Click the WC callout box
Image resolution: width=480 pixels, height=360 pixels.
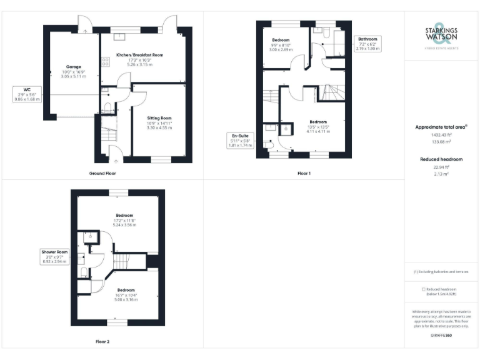click(x=27, y=94)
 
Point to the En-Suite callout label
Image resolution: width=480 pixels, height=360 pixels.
click(x=241, y=140)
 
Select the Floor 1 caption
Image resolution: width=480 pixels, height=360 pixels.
click(x=304, y=172)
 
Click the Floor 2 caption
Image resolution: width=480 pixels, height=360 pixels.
click(x=102, y=341)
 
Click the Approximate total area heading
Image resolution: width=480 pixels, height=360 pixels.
click(x=441, y=127)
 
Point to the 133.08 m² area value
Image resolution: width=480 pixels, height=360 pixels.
click(x=441, y=142)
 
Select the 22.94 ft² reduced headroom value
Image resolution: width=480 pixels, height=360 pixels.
click(x=441, y=167)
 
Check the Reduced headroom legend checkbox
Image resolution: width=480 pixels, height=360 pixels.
click(x=424, y=289)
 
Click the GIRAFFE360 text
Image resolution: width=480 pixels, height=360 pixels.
click(x=441, y=336)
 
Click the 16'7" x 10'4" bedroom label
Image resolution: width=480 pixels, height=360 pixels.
click(x=126, y=295)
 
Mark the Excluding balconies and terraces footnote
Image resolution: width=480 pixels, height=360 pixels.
click(x=441, y=272)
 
